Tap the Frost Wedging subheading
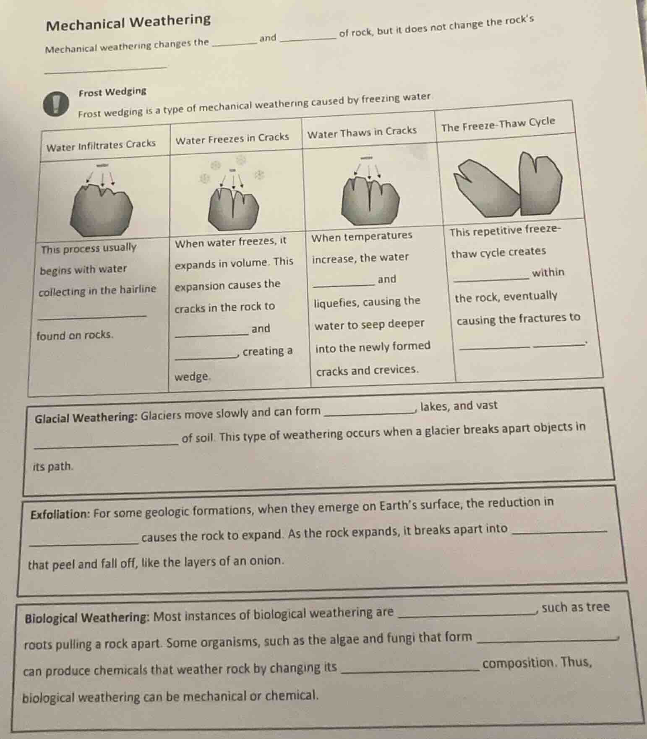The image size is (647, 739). pyautogui.click(x=112, y=91)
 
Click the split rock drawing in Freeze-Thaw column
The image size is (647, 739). pyautogui.click(x=510, y=187)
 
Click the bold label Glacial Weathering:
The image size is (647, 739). pyautogui.click(x=86, y=418)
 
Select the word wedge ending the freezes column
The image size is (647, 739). pyautogui.click(x=192, y=376)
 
